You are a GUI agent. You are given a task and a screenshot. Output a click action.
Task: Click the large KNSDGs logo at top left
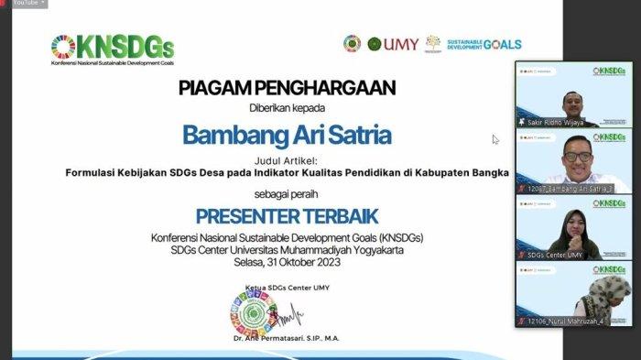coord(112,47)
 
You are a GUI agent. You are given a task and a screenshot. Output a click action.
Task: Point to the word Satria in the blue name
coord(358,134)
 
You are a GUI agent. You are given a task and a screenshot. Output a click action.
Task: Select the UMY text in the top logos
coord(399,43)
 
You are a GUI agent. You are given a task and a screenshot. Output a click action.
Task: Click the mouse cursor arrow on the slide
coord(495,140)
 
